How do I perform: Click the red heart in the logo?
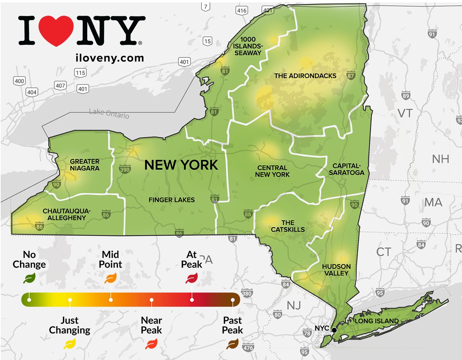coord(56,31)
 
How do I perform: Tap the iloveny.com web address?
coord(109,58)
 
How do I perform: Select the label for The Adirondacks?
coord(305,76)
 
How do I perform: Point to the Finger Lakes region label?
coord(172,200)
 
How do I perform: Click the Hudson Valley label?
coord(336,270)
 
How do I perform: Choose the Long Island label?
coord(377,321)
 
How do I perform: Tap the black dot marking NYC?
coord(334,330)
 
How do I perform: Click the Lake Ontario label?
coord(109,113)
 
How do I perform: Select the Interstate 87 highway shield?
coord(351,76)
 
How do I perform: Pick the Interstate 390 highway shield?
coord(124,169)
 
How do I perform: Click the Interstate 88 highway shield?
coord(248,214)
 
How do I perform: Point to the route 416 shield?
coord(242,11)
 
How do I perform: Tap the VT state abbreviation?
coord(405,113)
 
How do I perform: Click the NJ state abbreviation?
coord(293,305)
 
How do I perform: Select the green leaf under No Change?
coord(29,279)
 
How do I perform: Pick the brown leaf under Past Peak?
coord(232,344)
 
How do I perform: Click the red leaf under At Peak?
coord(192,279)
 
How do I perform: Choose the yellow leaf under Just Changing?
coord(69,344)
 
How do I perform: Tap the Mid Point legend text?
coord(111,259)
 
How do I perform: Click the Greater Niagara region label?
coord(85,164)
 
